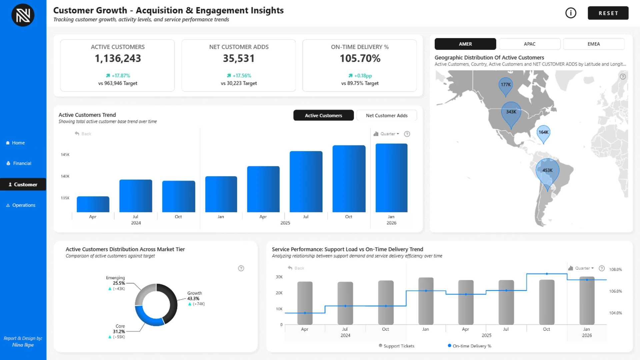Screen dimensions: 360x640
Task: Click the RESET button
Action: (608, 13)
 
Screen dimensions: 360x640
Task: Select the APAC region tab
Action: (529, 44)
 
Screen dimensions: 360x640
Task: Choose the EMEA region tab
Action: (593, 44)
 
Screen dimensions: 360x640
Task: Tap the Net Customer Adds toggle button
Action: (386, 115)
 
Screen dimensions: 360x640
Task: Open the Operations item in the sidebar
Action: (23, 205)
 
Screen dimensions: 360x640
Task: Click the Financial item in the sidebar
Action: (22, 163)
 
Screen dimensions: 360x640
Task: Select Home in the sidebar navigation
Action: (18, 143)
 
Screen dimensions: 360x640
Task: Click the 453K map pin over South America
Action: (547, 171)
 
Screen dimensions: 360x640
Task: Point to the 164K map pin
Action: (543, 132)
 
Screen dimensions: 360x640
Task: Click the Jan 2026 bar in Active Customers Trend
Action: (391, 178)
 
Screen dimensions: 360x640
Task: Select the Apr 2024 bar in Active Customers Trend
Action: (93, 204)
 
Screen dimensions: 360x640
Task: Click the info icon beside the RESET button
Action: (571, 13)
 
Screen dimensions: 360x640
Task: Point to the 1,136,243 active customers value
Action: (118, 58)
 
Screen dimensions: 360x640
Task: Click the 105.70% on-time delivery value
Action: (360, 58)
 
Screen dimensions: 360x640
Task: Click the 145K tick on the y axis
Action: (65, 155)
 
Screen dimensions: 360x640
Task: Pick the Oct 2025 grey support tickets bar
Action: (547, 302)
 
